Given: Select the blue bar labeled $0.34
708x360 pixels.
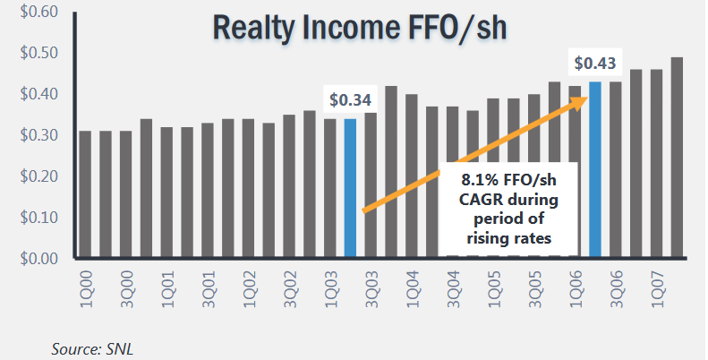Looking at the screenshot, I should [x=350, y=188].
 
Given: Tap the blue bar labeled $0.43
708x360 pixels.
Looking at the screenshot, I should [x=595, y=170].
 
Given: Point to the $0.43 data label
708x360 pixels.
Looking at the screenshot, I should [x=594, y=64].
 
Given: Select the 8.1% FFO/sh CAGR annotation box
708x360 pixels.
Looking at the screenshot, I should [x=508, y=206].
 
